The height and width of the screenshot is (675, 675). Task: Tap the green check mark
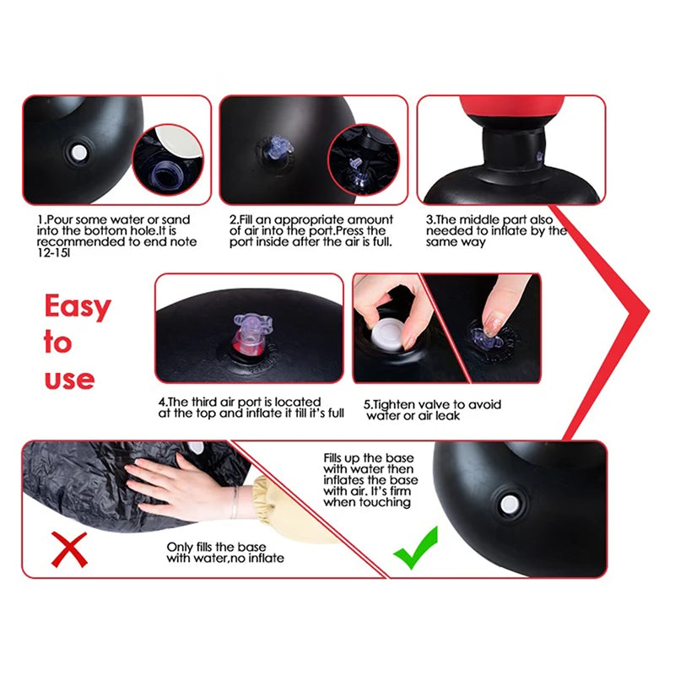(x=416, y=548)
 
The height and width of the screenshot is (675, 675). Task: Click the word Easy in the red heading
(x=78, y=306)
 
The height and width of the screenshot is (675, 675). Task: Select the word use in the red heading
(x=69, y=379)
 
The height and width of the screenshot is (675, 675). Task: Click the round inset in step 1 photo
(x=170, y=163)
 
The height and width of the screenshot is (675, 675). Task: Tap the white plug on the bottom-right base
(x=510, y=503)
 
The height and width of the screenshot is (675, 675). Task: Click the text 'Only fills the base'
(x=215, y=547)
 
